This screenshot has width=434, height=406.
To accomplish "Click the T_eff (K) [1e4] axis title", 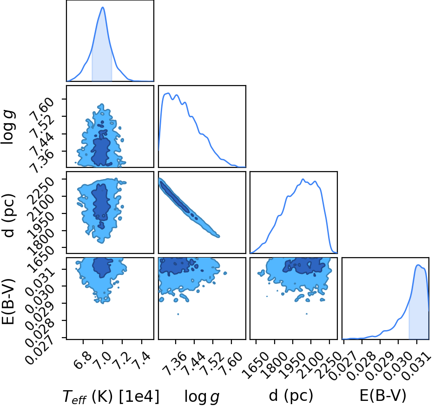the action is (111, 397).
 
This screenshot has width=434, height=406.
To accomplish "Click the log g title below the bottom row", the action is (202, 397).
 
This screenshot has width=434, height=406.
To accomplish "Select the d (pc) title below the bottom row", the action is (290, 396).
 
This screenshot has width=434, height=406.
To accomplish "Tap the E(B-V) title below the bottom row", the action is (383, 396).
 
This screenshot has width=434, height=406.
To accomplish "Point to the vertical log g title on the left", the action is (8, 127).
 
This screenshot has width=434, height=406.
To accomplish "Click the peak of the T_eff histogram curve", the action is (103, 7).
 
